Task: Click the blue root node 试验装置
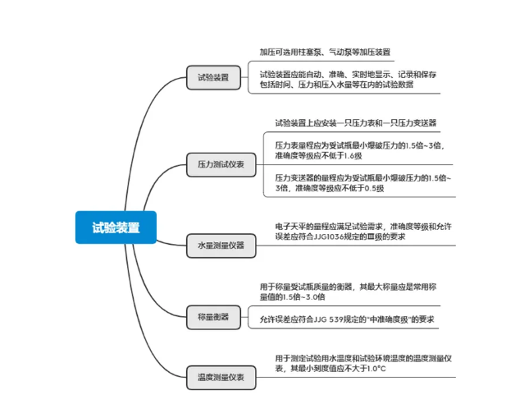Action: [x=116, y=227]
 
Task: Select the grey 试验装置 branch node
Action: [x=213, y=79]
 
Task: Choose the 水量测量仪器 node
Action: [x=221, y=245]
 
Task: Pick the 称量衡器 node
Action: [x=213, y=315]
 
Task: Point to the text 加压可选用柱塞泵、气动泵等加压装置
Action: [x=325, y=51]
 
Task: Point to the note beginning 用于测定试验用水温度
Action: [x=362, y=363]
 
